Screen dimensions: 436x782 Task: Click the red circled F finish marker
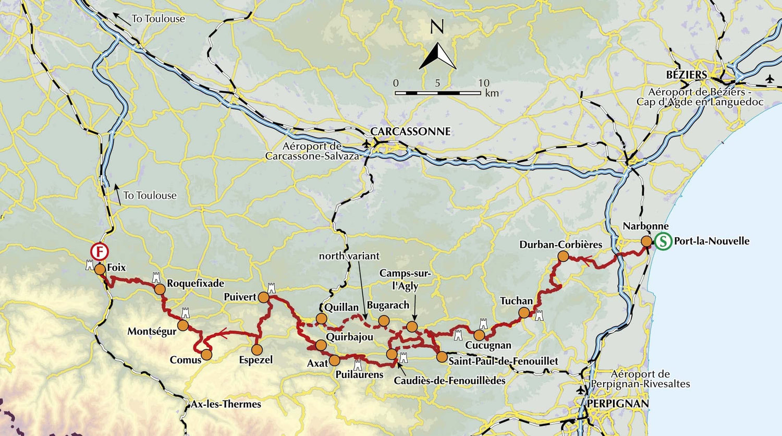(x=99, y=251)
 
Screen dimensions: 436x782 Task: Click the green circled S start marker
(x=663, y=241)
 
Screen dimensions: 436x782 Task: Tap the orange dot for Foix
(x=99, y=269)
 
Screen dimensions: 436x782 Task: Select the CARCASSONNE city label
(x=410, y=131)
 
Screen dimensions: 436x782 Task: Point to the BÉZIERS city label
(x=687, y=75)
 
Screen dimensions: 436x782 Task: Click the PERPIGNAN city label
(x=617, y=404)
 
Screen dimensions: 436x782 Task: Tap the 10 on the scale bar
(x=484, y=83)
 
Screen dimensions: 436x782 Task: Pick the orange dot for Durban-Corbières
(x=563, y=256)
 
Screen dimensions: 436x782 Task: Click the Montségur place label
(x=152, y=332)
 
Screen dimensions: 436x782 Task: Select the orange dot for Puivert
(x=263, y=297)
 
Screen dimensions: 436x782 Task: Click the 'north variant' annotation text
(x=349, y=256)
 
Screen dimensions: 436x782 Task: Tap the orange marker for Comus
(x=207, y=355)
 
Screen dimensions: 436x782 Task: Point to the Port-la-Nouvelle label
(x=712, y=241)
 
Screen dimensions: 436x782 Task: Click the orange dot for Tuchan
(x=524, y=313)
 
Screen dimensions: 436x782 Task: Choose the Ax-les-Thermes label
(x=226, y=404)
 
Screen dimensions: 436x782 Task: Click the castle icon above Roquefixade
(x=156, y=276)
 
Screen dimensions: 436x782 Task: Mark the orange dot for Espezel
(x=256, y=349)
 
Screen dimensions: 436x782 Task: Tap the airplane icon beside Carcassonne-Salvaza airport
(x=366, y=143)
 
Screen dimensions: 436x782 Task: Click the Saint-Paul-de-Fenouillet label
(x=503, y=361)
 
